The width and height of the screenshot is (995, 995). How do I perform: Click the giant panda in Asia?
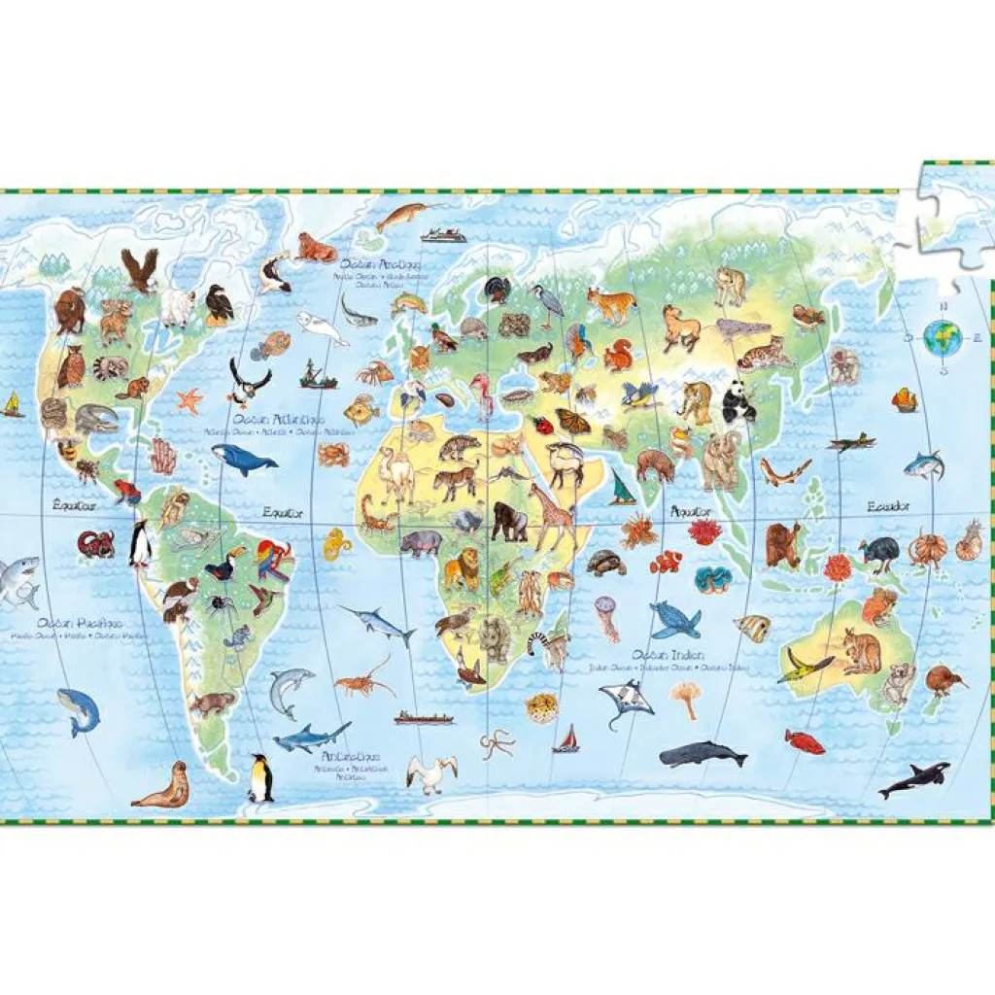point(738,400)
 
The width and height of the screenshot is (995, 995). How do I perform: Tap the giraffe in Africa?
point(552,516)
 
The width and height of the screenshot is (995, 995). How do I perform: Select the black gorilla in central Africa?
point(508,521)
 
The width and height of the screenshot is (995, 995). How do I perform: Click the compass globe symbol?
point(942,338)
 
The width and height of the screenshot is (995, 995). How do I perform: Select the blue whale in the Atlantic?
point(243,459)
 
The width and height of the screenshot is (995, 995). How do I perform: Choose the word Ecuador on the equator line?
point(888,506)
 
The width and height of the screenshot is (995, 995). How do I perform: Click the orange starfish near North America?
point(189,399)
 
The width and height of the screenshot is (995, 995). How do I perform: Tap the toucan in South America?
point(220,567)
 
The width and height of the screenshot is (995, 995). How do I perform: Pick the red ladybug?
point(542,424)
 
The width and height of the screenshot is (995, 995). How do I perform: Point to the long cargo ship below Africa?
point(424,719)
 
